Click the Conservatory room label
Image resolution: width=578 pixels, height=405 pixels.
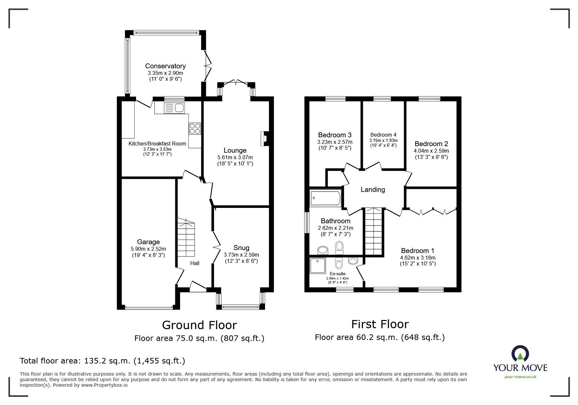point(165,66)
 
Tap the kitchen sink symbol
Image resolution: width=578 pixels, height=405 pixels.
point(174,108)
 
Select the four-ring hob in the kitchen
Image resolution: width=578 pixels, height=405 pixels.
point(195,128)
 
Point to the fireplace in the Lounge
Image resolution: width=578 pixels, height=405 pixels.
point(264,138)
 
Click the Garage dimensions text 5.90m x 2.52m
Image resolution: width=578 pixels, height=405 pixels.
point(148,249)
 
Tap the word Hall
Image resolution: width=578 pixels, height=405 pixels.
point(195,263)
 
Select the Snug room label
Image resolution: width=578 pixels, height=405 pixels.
point(241,248)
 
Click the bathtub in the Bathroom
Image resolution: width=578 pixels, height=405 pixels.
point(325,198)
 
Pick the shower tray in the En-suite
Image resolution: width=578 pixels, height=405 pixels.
point(318,265)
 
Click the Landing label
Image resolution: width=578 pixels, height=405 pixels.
point(373,190)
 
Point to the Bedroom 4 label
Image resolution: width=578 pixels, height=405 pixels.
point(383,135)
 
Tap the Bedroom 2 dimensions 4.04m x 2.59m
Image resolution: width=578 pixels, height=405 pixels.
point(431,151)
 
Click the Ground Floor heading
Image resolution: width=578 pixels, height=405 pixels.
point(199,325)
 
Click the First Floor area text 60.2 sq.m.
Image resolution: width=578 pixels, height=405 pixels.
point(380,337)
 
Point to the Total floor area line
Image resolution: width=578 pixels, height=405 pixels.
point(102,361)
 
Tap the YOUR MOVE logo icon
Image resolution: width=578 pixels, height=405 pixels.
point(520,354)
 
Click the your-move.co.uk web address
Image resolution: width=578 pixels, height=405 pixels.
point(520,377)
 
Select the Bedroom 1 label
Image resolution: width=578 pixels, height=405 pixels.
point(417,251)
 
